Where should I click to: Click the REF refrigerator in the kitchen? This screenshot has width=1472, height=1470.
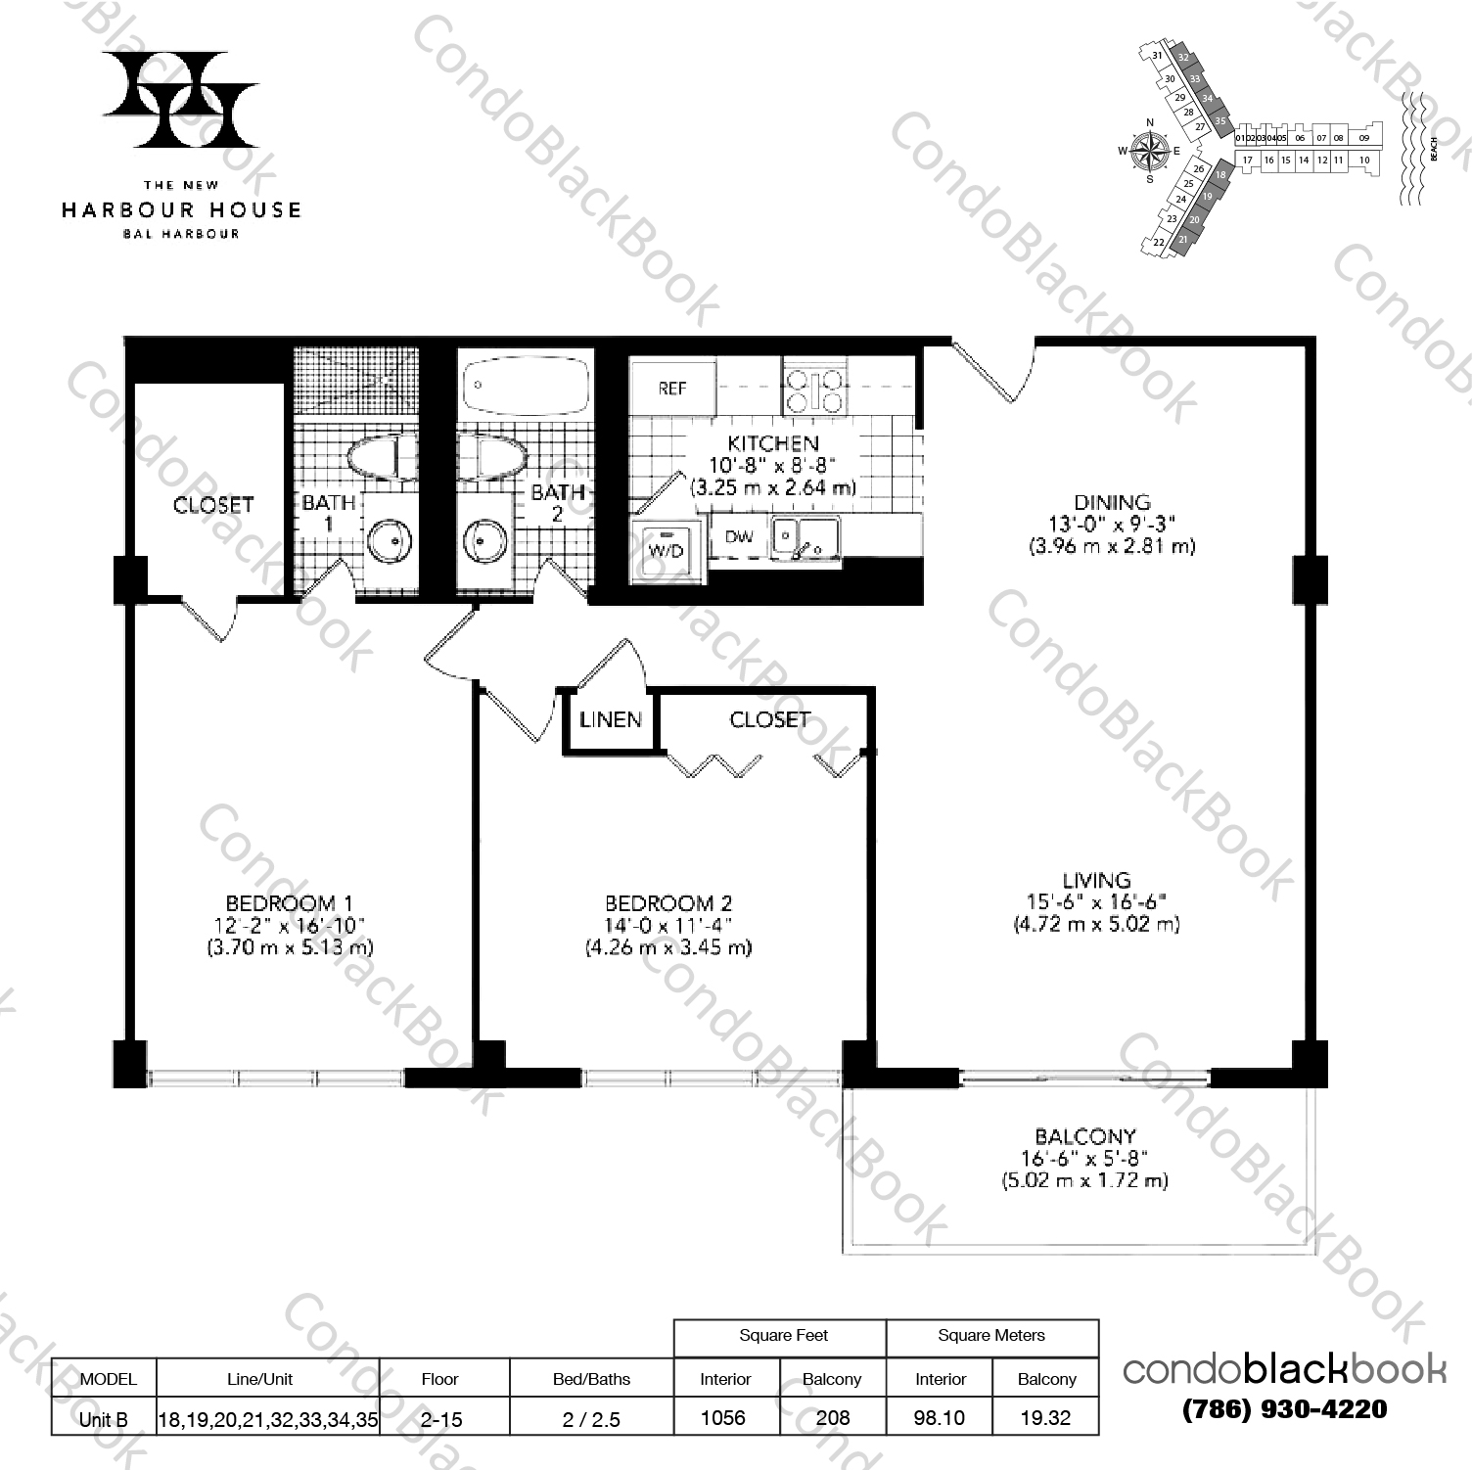pyautogui.click(x=672, y=388)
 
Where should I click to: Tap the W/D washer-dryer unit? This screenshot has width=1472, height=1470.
pyautogui.click(x=666, y=549)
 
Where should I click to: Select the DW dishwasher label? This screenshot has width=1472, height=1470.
pyautogui.click(x=739, y=536)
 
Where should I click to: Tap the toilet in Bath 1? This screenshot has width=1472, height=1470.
pyautogui.click(x=376, y=459)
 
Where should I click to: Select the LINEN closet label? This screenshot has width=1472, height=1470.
pyautogui.click(x=611, y=720)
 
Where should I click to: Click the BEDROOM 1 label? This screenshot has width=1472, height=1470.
pyautogui.click(x=289, y=903)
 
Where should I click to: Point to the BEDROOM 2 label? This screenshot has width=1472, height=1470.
pyautogui.click(x=668, y=903)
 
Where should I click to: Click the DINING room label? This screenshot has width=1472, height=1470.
pyautogui.click(x=1111, y=502)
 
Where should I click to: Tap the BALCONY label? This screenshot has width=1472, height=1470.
pyautogui.click(x=1084, y=1136)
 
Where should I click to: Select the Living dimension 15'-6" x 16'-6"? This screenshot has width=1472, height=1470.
pyautogui.click(x=1096, y=901)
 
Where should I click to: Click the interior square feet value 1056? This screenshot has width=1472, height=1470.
pyautogui.click(x=723, y=1417)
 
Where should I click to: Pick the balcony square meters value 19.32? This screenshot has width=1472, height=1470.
pyautogui.click(x=1045, y=1417)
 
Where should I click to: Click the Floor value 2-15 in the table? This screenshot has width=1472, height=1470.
pyautogui.click(x=439, y=1417)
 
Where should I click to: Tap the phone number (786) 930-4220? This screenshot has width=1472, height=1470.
pyautogui.click(x=1284, y=1409)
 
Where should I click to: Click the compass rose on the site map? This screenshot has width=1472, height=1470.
pyautogui.click(x=1150, y=150)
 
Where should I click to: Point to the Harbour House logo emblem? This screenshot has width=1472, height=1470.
pyautogui.click(x=181, y=99)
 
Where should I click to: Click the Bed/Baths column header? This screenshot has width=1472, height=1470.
pyautogui.click(x=591, y=1379)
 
